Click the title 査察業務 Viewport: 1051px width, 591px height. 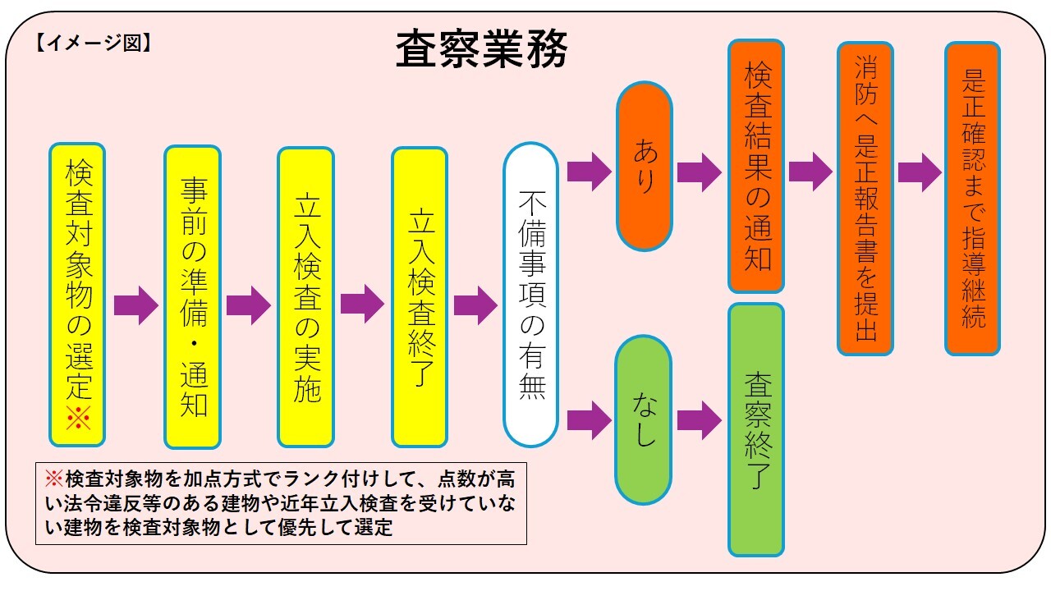pyautogui.click(x=481, y=52)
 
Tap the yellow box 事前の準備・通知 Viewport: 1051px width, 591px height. pyautogui.click(x=192, y=296)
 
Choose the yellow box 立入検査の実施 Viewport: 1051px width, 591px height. pyautogui.click(x=305, y=296)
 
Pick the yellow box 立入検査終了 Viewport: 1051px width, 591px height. pyautogui.click(x=420, y=296)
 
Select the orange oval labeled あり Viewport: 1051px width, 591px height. pyautogui.click(x=645, y=167)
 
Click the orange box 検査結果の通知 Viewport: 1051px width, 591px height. pyautogui.click(x=756, y=166)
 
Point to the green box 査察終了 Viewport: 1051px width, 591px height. pyautogui.click(x=756, y=429)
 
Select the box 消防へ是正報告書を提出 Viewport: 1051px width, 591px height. pyautogui.click(x=865, y=199)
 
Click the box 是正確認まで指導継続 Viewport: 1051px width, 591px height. pyautogui.click(x=972, y=199)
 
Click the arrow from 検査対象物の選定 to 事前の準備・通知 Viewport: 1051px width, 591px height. pyautogui.click(x=135, y=305)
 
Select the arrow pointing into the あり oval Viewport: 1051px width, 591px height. pyautogui.click(x=589, y=172)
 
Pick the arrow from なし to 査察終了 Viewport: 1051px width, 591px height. pyautogui.click(x=699, y=420)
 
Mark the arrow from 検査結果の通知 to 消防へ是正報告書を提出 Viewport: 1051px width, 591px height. pyautogui.click(x=810, y=172)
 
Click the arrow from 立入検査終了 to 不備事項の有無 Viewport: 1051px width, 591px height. pyautogui.click(x=475, y=305)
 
